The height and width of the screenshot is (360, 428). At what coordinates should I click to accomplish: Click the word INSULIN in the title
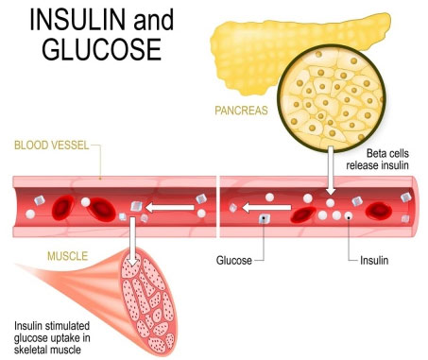[77, 20]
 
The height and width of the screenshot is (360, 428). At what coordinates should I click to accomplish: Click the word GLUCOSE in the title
[102, 49]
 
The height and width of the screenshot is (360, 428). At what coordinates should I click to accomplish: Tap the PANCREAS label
[241, 111]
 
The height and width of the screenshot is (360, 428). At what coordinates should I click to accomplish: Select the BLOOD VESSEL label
[52, 146]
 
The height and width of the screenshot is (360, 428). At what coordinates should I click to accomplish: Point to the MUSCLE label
[67, 256]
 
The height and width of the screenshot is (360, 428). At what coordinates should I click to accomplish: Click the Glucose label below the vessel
[234, 261]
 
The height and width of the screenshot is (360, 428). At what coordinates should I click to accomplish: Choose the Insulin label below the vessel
[374, 261]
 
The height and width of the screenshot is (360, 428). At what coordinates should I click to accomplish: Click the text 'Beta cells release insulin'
[377, 160]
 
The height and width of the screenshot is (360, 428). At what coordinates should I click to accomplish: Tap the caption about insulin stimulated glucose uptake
[52, 337]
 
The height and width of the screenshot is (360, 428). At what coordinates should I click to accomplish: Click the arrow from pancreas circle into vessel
[331, 170]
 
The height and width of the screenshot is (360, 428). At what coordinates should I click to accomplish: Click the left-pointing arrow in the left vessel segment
[170, 208]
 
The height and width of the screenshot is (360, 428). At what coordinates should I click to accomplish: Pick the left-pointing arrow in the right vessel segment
[266, 208]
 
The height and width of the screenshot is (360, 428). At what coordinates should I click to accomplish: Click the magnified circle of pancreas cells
[332, 98]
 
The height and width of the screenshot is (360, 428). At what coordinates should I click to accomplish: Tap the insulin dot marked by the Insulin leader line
[348, 215]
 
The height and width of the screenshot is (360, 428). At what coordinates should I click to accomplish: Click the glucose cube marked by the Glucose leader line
[264, 218]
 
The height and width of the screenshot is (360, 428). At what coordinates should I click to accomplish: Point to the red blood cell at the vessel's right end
[379, 211]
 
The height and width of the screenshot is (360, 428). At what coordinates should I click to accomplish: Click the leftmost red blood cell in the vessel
[63, 207]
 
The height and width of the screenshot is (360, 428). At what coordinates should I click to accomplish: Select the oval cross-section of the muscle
[148, 301]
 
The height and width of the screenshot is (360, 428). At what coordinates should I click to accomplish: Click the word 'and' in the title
[154, 20]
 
